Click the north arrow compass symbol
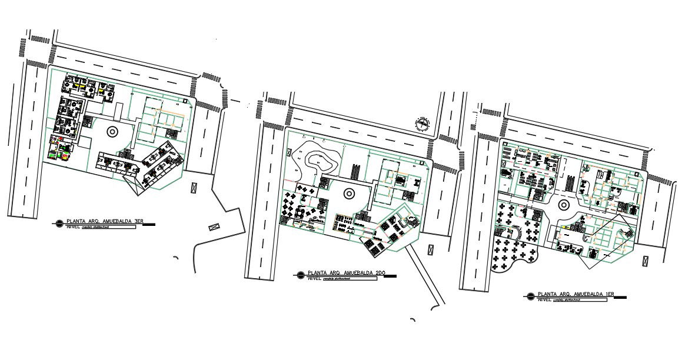coord(421,124)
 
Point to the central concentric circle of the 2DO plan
coord(348,192)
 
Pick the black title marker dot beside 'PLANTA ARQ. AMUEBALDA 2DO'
coord(301,274)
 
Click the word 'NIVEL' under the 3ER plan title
coord(73,226)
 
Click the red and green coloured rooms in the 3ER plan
coord(61,148)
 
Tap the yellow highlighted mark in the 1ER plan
coord(567,226)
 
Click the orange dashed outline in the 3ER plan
coord(165,114)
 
